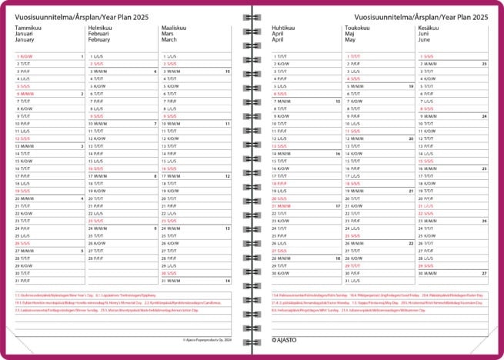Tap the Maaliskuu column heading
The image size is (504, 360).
[x=174, y=27]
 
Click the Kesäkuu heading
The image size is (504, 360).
[x=429, y=27]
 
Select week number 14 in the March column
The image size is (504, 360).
[x=228, y=281]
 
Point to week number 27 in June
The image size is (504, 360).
[x=484, y=272]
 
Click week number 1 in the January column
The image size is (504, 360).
[x=82, y=56]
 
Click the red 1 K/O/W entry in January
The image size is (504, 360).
[x=25, y=56]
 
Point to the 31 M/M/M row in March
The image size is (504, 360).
[x=173, y=281]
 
